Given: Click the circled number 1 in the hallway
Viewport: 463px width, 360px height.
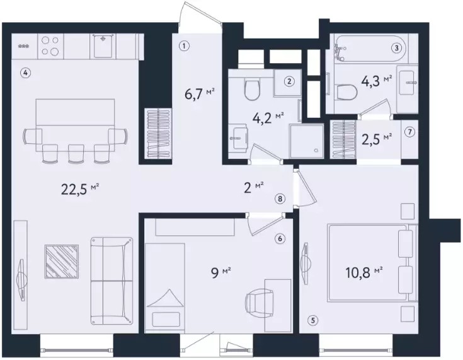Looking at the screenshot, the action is point(184,46).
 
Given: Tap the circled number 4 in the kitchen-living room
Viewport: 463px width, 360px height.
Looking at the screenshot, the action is point(26,72).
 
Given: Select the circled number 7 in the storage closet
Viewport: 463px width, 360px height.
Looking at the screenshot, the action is point(409,132).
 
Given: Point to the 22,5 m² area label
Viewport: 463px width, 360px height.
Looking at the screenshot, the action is point(80,189).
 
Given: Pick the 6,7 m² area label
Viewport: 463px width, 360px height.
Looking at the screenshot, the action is point(199,95).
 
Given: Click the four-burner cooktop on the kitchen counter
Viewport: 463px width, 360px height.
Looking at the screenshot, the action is point(50,46).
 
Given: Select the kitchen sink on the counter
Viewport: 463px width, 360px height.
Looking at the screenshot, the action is point(103,46).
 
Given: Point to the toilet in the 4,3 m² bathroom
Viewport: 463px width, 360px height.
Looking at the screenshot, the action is point(346,91).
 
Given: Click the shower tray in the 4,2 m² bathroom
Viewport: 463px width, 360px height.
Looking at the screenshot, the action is point(306,141).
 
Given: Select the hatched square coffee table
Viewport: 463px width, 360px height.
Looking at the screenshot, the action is point(62,262).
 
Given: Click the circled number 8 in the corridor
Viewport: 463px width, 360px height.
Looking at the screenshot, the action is point(280,199).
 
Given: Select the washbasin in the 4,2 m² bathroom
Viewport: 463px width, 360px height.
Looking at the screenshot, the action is point(239,137).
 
